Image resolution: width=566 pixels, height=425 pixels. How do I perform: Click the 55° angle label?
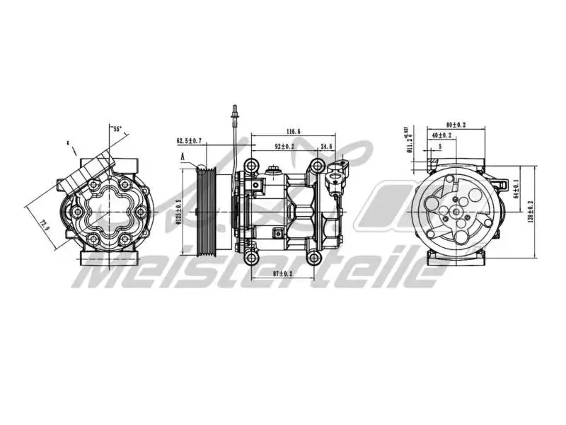click(x=117, y=129)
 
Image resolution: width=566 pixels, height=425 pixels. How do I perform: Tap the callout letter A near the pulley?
click(x=182, y=157)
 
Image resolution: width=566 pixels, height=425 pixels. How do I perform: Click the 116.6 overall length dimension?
click(x=294, y=132)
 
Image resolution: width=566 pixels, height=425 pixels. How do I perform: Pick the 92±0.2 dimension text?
click(x=284, y=147)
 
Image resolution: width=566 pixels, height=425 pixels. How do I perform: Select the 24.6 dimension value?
click(x=326, y=147)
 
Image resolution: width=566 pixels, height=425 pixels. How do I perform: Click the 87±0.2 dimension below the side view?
click(x=282, y=273)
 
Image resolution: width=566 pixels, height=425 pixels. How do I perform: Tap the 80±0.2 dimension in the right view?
click(x=456, y=125)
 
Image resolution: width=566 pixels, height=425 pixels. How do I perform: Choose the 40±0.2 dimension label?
click(x=441, y=135)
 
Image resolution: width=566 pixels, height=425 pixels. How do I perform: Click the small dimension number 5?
click(x=439, y=146)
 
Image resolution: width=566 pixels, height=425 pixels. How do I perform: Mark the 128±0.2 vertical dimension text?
click(x=531, y=210)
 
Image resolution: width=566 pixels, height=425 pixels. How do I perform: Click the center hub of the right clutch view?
click(x=457, y=210)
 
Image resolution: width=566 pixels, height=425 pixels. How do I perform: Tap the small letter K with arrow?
click(x=68, y=142)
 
